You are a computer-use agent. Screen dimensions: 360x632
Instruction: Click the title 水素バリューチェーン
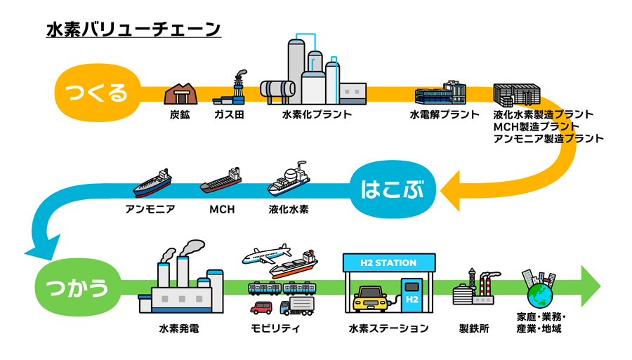pos(133,29)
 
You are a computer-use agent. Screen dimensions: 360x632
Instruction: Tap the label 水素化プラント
pos(317,114)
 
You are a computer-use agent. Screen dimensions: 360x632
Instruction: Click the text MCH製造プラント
pos(536,126)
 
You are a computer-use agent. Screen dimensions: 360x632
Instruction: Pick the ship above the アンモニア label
pos(152,184)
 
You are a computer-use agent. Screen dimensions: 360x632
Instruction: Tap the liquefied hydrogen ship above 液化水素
pos(289,180)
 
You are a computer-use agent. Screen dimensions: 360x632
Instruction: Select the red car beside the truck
pos(261,307)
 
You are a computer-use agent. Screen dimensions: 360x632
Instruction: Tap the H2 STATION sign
pos(388,263)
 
